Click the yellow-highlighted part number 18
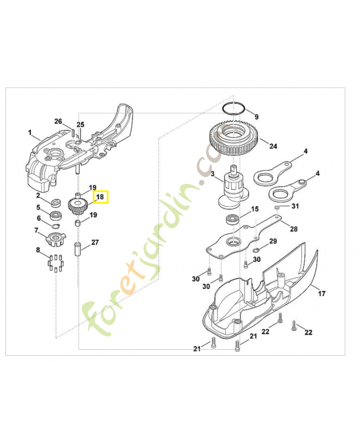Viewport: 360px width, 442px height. [x=100, y=197]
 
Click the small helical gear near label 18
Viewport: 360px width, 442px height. [x=78, y=207]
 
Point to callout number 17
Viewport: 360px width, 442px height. [x=322, y=293]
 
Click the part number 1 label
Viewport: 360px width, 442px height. [x=30, y=132]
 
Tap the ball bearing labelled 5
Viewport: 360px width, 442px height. [x=56, y=215]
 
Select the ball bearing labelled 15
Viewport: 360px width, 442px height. [x=233, y=219]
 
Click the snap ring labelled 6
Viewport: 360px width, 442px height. [x=56, y=225]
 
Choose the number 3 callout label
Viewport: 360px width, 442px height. [x=213, y=173]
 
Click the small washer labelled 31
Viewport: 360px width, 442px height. [x=277, y=208]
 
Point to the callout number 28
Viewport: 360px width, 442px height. [x=294, y=229]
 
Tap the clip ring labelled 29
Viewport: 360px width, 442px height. [x=256, y=250]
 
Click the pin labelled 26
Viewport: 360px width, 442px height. [x=72, y=133]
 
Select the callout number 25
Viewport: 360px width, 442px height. [x=80, y=125]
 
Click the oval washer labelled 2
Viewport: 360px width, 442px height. [x=56, y=202]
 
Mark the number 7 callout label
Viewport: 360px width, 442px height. [x=36, y=230]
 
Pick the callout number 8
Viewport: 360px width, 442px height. [x=38, y=250]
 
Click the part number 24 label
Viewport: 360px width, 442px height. [x=273, y=146]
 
